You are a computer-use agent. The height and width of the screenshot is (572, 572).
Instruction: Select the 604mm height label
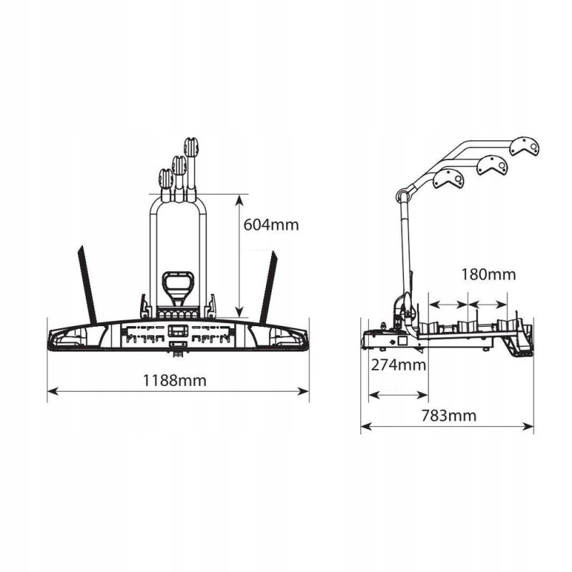(x=270, y=225)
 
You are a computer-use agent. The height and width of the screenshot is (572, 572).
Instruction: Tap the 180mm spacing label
(x=488, y=274)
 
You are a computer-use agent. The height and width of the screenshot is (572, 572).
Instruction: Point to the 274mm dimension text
(x=398, y=365)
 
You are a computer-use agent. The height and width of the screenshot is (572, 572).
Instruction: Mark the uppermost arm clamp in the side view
(x=527, y=147)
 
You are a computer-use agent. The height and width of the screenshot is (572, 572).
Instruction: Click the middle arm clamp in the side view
(x=493, y=165)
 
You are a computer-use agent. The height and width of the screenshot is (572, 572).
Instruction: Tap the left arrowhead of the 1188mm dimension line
(x=51, y=390)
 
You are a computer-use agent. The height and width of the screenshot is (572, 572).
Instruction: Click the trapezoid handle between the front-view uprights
(x=177, y=285)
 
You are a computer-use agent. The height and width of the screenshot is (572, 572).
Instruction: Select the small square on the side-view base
(x=403, y=342)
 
